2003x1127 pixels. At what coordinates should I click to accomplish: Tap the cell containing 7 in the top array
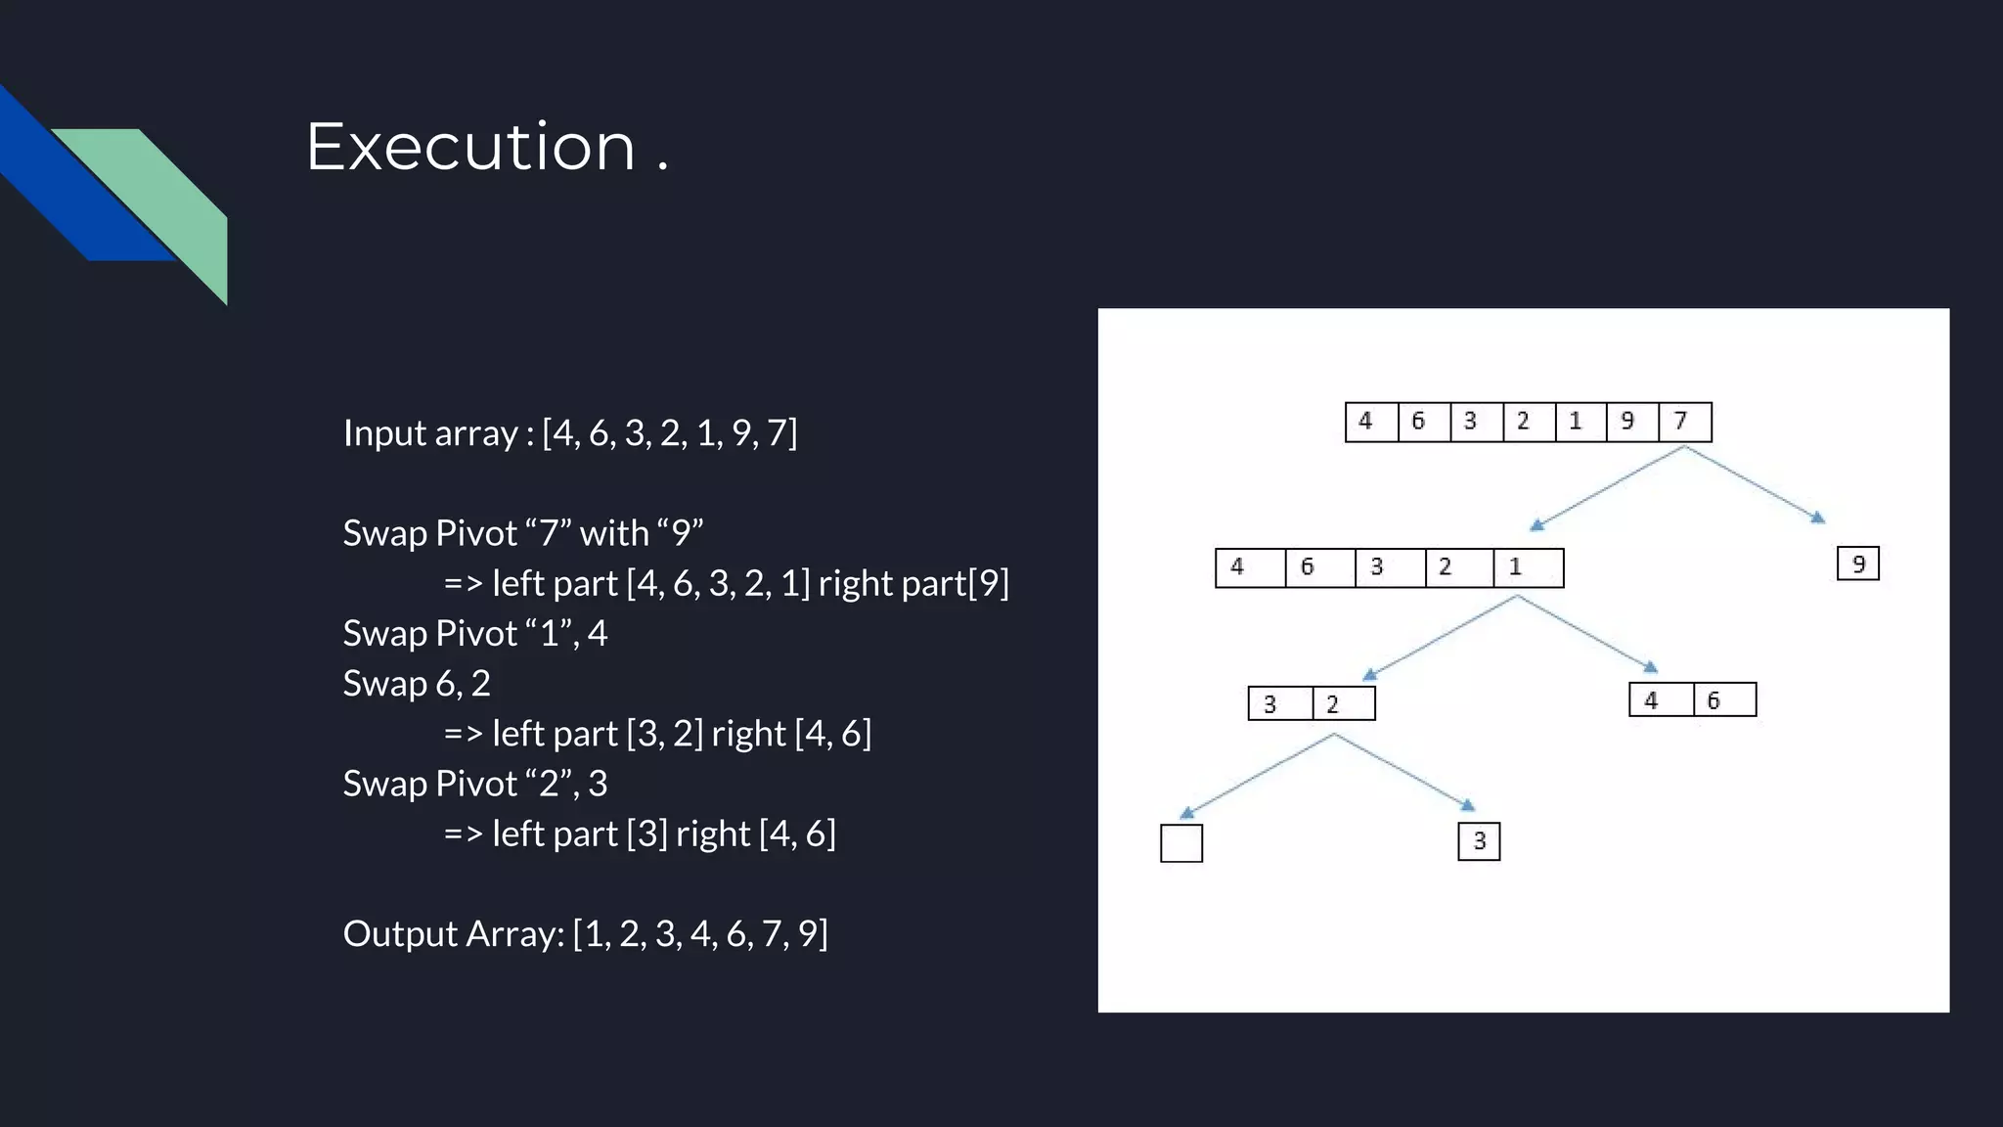(x=1684, y=422)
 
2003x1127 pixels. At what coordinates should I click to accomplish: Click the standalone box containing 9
(x=1857, y=564)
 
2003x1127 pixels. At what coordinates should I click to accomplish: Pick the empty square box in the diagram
(x=1180, y=843)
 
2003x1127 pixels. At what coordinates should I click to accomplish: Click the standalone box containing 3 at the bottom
(x=1478, y=841)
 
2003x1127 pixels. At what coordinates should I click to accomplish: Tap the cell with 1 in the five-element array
(x=1527, y=567)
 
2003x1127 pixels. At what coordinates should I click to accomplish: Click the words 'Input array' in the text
(x=430, y=433)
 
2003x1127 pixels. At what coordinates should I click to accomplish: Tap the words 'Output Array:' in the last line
(x=453, y=934)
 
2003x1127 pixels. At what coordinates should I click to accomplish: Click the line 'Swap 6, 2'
(x=417, y=684)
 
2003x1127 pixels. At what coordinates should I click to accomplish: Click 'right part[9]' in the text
(x=912, y=584)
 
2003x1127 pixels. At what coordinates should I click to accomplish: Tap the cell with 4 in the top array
(x=1369, y=422)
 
